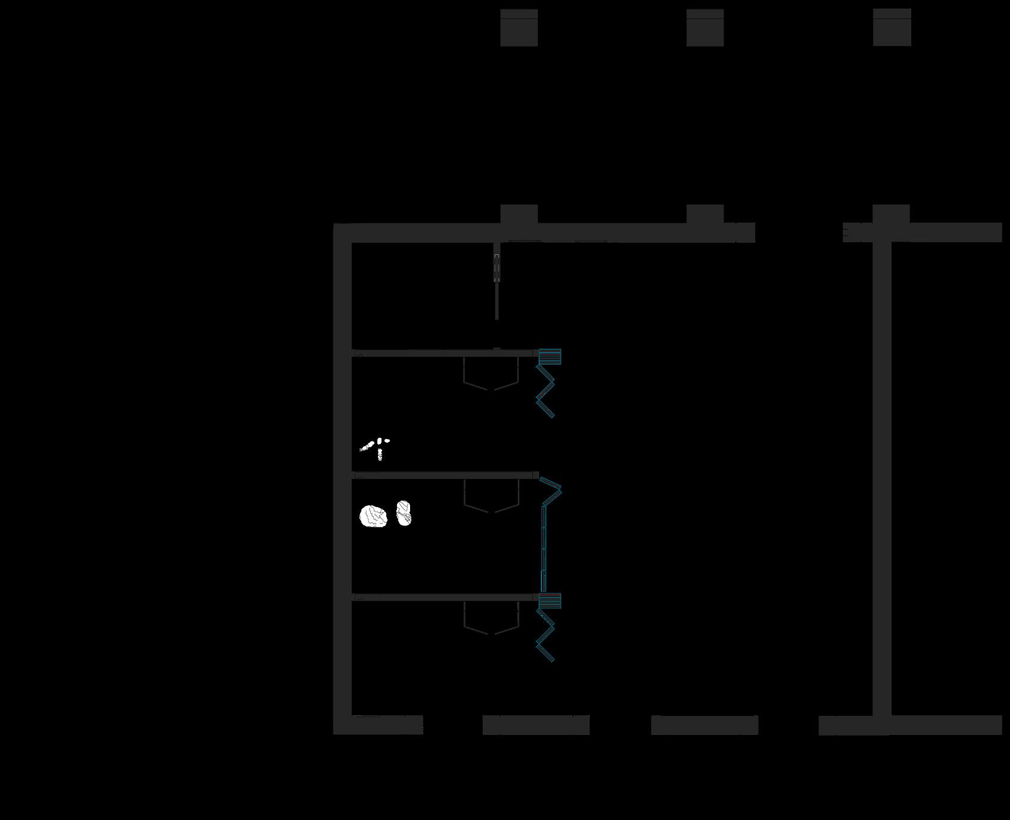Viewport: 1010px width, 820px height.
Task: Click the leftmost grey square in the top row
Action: pos(519,27)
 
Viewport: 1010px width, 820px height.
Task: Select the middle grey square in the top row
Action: pos(705,27)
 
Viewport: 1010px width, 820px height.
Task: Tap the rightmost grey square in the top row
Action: pos(892,27)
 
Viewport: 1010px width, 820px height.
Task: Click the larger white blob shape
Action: pos(373,516)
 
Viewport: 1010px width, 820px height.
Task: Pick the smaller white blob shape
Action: pos(404,513)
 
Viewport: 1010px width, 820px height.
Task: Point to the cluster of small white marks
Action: pos(375,447)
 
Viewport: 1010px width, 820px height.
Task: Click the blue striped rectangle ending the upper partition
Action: pos(550,356)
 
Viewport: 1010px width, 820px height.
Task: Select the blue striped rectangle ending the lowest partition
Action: pos(550,601)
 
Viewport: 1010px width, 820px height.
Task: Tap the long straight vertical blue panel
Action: pos(543,547)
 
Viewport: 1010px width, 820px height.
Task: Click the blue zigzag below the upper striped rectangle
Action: pos(545,391)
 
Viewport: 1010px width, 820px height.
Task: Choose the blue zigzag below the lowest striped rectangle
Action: pos(545,636)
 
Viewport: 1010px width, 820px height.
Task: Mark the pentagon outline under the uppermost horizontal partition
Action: pos(491,374)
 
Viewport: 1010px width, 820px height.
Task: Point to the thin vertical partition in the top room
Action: pos(497,286)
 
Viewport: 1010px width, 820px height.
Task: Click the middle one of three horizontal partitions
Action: pos(443,475)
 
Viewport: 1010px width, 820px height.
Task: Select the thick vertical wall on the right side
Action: pos(882,476)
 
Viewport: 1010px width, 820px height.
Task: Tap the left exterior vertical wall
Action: pos(342,476)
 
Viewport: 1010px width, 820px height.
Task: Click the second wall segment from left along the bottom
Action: pos(536,725)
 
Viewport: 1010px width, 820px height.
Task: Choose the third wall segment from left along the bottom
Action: pos(705,725)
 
